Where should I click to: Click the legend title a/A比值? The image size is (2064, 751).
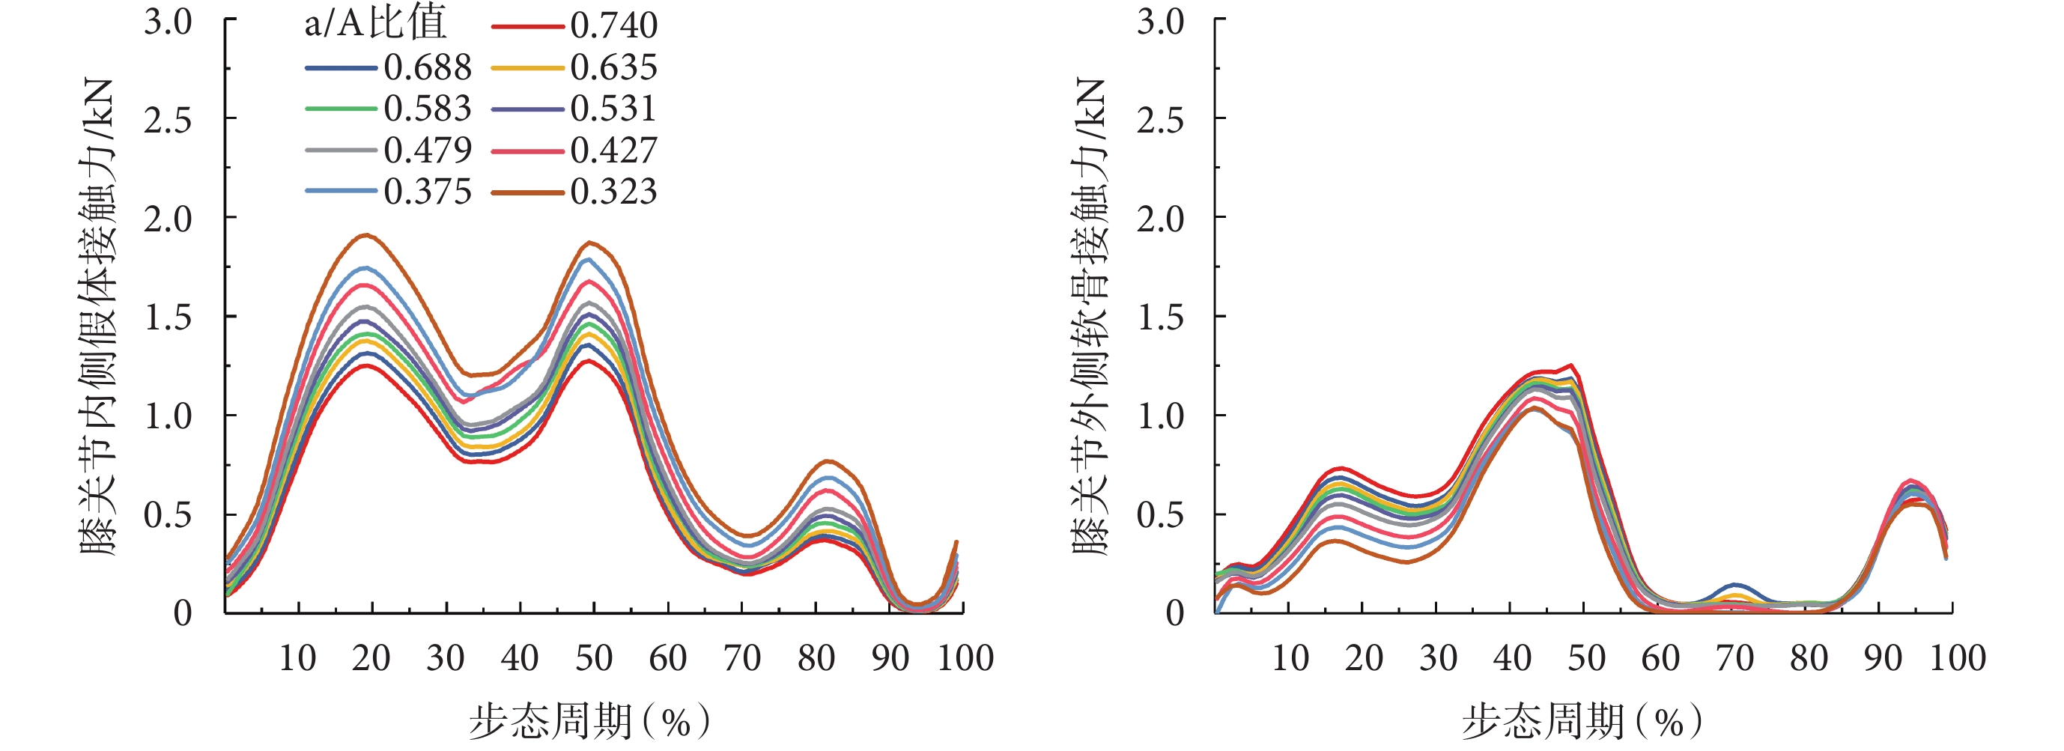374,25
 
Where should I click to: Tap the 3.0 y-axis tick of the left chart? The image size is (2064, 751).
169,22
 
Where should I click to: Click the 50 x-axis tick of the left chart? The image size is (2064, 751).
594,659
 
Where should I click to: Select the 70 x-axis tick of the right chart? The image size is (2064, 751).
1734,659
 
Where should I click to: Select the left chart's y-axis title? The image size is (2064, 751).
99,317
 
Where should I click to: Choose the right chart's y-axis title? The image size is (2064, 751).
1090,317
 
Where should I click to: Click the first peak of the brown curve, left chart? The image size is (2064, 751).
367,235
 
